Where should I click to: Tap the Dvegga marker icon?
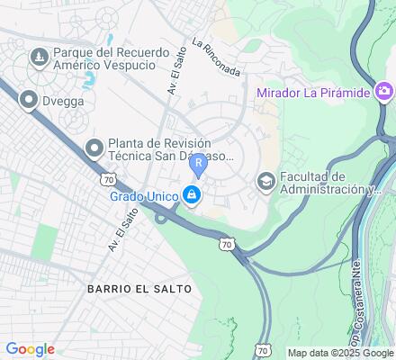point(29,101)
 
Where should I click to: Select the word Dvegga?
point(63,102)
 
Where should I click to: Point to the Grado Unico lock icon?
point(191,194)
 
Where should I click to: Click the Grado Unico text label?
point(143,194)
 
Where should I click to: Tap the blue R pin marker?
point(198,165)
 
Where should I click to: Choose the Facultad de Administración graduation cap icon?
point(265,181)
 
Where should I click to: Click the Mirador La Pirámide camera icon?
point(384,91)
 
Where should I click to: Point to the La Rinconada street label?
point(216,57)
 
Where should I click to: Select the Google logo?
point(31,349)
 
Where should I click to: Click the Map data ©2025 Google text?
point(340,353)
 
